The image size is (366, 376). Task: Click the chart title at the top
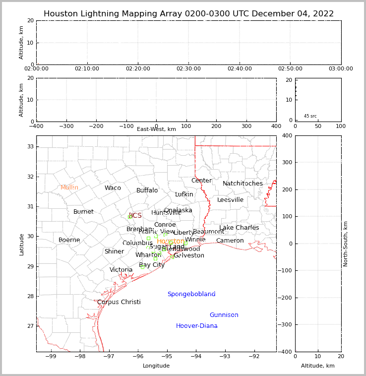coord(188,14)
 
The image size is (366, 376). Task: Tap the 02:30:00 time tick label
coord(188,69)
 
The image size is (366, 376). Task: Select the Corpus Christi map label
coord(119,302)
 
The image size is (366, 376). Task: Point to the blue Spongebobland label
coord(191,294)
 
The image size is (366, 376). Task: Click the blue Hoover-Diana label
coord(197,326)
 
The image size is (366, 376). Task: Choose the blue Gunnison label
coord(224,315)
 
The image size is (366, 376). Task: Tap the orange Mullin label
coord(69,188)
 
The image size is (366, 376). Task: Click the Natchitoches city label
coord(243,184)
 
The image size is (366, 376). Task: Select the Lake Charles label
coord(239,228)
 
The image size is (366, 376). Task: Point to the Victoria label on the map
coord(121,270)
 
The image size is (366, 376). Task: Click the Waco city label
coord(113,188)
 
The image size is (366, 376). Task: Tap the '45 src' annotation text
coord(310,116)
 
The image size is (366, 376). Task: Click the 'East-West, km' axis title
coord(156,129)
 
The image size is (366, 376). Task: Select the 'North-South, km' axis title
coord(346,244)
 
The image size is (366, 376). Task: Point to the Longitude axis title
coord(156,366)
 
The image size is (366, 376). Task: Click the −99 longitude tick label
coord(51,356)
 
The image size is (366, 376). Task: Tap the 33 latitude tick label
coord(30,146)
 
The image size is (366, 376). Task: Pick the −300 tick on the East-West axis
coord(66,126)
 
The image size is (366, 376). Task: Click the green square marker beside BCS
coord(130,217)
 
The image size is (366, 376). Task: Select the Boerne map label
coord(69,240)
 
